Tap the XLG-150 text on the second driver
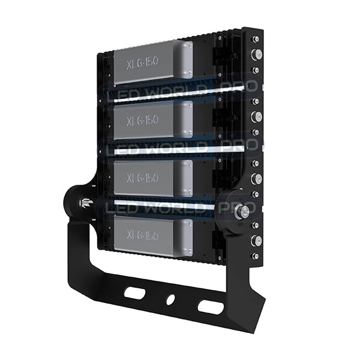pyautogui.click(x=143, y=119)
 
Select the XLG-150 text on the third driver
pyautogui.click(x=143, y=178)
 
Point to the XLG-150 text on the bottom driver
pyautogui.click(x=143, y=236)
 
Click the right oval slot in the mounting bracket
pyautogui.click(x=207, y=306)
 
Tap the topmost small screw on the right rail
pyautogui.click(x=256, y=39)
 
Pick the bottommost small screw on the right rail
pyautogui.click(x=256, y=256)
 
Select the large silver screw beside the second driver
pyautogui.click(x=257, y=116)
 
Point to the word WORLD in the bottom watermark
pyautogui.click(x=173, y=207)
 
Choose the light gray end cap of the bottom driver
pyautogui.click(x=184, y=237)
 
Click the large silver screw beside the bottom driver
pyautogui.click(x=257, y=241)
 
